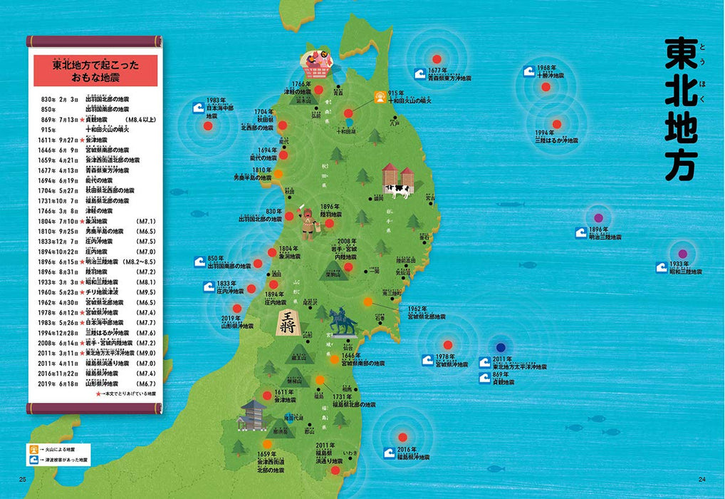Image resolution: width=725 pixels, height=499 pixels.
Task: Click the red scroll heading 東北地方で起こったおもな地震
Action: click(x=95, y=71)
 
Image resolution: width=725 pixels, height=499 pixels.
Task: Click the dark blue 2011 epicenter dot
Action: click(x=501, y=347)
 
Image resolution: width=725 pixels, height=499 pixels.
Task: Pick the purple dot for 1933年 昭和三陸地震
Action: click(x=683, y=253)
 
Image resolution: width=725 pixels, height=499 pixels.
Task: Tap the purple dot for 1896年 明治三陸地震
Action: click(x=598, y=217)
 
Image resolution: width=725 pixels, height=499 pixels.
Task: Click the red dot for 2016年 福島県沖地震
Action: click(x=402, y=437)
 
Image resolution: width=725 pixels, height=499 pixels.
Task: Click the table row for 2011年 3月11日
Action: click(x=95, y=353)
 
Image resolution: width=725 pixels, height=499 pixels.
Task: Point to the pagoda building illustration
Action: click(x=253, y=415)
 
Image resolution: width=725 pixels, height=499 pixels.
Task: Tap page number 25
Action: click(x=23, y=478)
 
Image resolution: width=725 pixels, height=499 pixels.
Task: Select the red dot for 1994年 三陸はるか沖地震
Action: click(x=556, y=123)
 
